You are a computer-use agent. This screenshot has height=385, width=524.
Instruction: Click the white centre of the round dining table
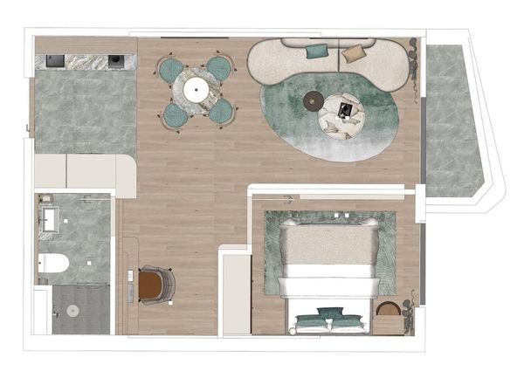(196, 87)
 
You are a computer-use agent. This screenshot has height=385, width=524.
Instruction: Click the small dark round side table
(313, 104)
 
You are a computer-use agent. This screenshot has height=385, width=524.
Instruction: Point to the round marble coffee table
(341, 113)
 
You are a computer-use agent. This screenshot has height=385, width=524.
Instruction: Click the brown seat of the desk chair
(152, 285)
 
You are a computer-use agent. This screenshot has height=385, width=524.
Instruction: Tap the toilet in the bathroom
(53, 262)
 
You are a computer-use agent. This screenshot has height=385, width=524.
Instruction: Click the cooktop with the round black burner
(114, 61)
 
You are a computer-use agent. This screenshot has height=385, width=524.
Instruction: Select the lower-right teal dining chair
(222, 110)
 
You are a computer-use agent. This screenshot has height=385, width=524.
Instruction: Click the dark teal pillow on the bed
(329, 313)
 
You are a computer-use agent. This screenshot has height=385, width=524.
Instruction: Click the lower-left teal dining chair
(176, 112)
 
